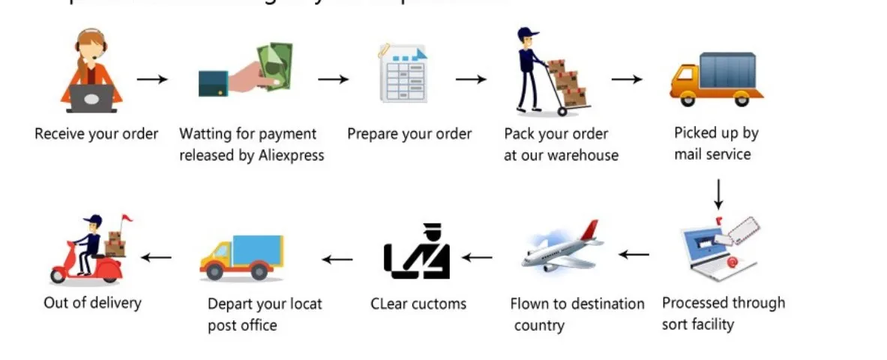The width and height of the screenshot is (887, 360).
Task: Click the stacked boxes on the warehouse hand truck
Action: [x=568, y=82]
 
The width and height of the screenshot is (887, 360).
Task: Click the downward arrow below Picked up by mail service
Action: [x=718, y=193]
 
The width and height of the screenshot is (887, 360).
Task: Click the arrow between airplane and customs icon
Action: [x=477, y=257]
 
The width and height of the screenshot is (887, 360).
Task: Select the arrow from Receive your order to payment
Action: [x=152, y=78]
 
